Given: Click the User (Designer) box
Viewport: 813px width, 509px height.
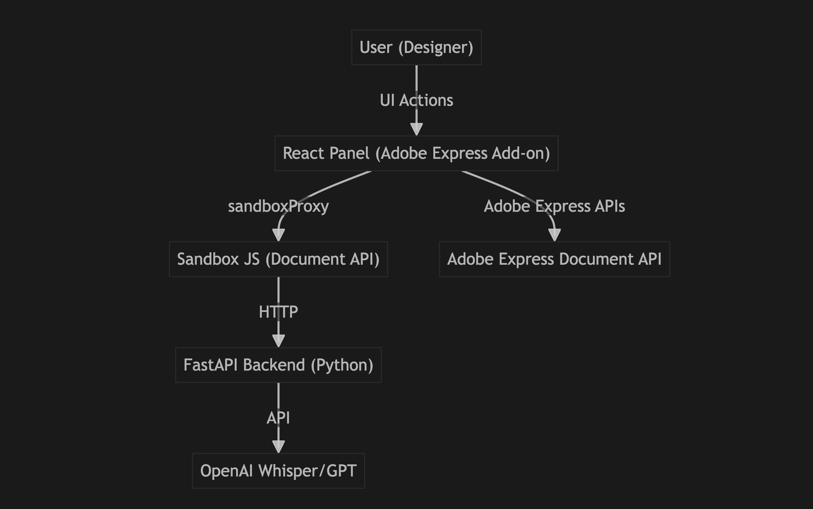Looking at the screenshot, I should point(416,48).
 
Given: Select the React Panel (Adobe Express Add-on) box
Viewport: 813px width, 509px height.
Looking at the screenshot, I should point(416,153).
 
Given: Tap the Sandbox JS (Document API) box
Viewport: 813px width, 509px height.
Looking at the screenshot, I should point(278,259).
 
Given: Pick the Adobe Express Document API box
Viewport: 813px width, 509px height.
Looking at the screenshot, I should point(554,259).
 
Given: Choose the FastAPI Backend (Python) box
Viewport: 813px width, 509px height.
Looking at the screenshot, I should point(278,365).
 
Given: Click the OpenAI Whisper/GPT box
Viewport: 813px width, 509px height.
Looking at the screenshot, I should point(278,471).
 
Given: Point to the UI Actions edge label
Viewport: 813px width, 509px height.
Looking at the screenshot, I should point(416,100).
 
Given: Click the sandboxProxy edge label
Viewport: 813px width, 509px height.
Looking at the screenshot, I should point(278,206).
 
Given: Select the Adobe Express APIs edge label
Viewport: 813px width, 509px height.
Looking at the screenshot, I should point(554,206).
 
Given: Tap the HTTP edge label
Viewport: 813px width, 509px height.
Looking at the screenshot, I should point(278,312).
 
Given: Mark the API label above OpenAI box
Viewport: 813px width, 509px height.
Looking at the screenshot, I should point(278,418).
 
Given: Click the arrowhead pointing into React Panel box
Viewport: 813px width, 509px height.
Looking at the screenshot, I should point(416,129).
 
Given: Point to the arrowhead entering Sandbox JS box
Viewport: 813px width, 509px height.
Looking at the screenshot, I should point(278,235).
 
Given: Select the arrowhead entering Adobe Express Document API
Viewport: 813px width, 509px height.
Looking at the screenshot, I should point(554,235).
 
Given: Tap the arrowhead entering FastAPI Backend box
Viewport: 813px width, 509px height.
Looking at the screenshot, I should point(278,341).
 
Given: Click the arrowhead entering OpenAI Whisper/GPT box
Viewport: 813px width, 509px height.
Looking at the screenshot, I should point(278,447).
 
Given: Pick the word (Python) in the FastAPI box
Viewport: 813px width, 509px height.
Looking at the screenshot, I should point(342,365).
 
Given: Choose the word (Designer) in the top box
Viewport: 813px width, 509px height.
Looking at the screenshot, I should point(436,48).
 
